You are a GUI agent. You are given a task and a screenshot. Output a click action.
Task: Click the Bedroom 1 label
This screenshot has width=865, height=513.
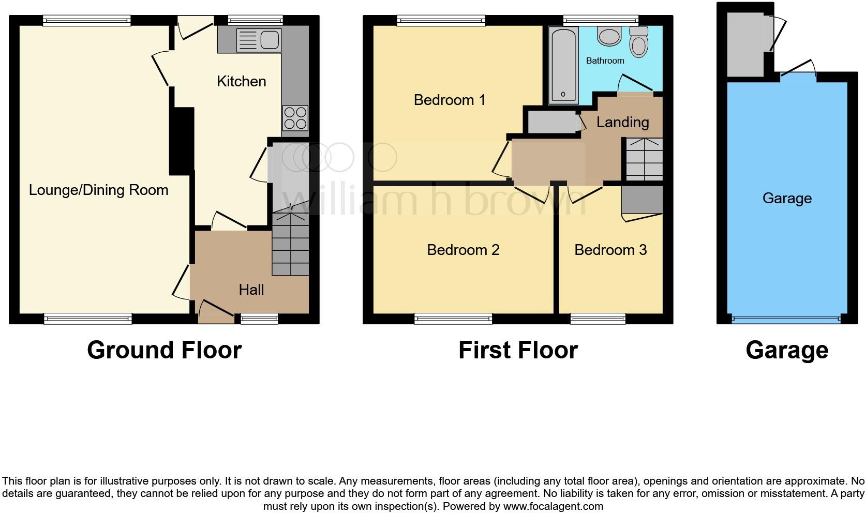pyautogui.click(x=450, y=100)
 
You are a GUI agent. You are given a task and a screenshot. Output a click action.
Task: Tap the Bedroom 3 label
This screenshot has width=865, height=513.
pyautogui.click(x=610, y=250)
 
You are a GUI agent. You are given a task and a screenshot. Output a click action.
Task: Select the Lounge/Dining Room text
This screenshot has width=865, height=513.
pyautogui.click(x=98, y=190)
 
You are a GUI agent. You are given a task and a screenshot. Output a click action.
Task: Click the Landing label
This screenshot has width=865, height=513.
pyautogui.click(x=622, y=123)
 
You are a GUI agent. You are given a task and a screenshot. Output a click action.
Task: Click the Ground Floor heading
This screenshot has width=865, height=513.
pyautogui.click(x=164, y=350)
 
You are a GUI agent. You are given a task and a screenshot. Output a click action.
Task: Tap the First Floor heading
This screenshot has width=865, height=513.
pyautogui.click(x=518, y=350)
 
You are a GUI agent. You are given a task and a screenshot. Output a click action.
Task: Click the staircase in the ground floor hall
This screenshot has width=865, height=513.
pyautogui.click(x=290, y=245)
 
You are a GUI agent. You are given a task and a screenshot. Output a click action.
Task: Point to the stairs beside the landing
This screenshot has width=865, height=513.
pyautogui.click(x=644, y=159)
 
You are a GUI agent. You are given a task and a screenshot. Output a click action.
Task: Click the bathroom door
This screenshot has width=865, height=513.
pyautogui.click(x=636, y=85)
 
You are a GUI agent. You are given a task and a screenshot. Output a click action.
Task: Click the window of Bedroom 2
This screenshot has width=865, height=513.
pyautogui.click(x=453, y=319)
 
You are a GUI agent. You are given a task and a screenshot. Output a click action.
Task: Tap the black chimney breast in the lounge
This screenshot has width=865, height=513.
pyautogui.click(x=181, y=141)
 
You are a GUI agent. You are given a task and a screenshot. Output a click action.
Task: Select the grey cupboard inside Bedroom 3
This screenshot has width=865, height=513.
pyautogui.click(x=642, y=199)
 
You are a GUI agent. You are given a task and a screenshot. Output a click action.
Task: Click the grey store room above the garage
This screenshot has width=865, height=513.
pyautogui.click(x=745, y=44)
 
